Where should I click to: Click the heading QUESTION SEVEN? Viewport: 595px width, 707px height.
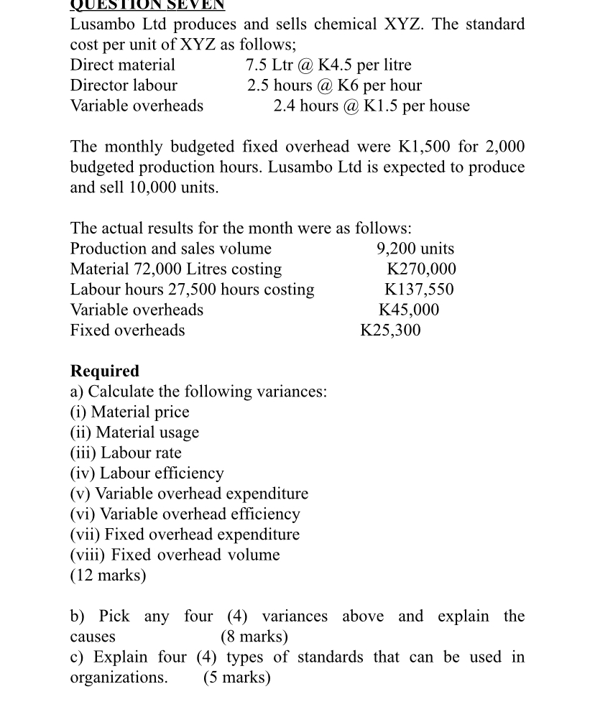147,5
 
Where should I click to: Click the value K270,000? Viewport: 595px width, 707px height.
421,269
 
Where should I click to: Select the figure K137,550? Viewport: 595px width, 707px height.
420,290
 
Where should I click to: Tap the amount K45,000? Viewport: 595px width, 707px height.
409,310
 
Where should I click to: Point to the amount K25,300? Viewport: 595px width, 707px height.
390,331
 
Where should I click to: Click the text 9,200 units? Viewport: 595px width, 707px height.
415,249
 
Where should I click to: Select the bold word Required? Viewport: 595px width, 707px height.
105,371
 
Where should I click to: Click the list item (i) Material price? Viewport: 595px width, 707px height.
129,412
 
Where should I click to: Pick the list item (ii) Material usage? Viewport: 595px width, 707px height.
134,433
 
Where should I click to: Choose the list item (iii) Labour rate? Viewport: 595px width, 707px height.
126,453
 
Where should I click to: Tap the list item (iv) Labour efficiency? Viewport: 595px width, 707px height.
147,473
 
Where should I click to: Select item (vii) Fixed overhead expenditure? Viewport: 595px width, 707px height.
185,535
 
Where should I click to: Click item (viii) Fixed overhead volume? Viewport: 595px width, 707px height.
175,555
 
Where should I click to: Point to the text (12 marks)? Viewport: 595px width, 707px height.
108,576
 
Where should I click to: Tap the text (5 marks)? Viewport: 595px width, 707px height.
237,678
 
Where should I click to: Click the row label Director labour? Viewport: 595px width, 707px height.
124,86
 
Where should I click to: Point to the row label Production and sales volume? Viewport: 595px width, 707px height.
171,249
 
